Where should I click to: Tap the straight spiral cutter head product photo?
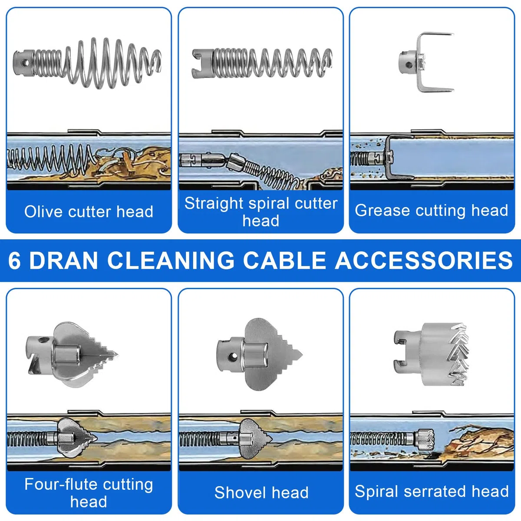click(262, 63)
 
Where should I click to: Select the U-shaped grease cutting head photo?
click(426, 63)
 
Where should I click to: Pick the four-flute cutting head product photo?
click(73, 354)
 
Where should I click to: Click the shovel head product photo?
click(260, 354)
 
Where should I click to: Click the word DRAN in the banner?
click(63, 260)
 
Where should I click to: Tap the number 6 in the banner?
click(14, 260)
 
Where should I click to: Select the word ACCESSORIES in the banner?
click(424, 260)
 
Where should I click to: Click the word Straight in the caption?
click(214, 204)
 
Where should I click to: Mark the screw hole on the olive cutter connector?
click(26, 63)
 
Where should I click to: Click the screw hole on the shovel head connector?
click(232, 357)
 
